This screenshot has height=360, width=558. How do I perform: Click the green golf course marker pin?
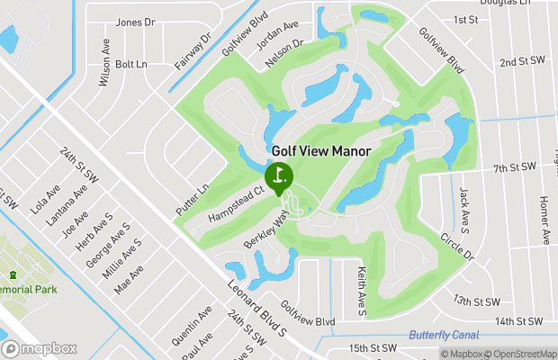[x=278, y=175]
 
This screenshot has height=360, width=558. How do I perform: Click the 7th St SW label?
[x=514, y=167]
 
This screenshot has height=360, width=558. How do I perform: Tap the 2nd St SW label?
[x=523, y=61]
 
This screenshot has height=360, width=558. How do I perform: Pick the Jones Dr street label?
[x=136, y=22]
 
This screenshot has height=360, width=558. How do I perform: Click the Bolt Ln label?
[x=130, y=64]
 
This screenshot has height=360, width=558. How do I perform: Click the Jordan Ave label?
[x=279, y=40]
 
